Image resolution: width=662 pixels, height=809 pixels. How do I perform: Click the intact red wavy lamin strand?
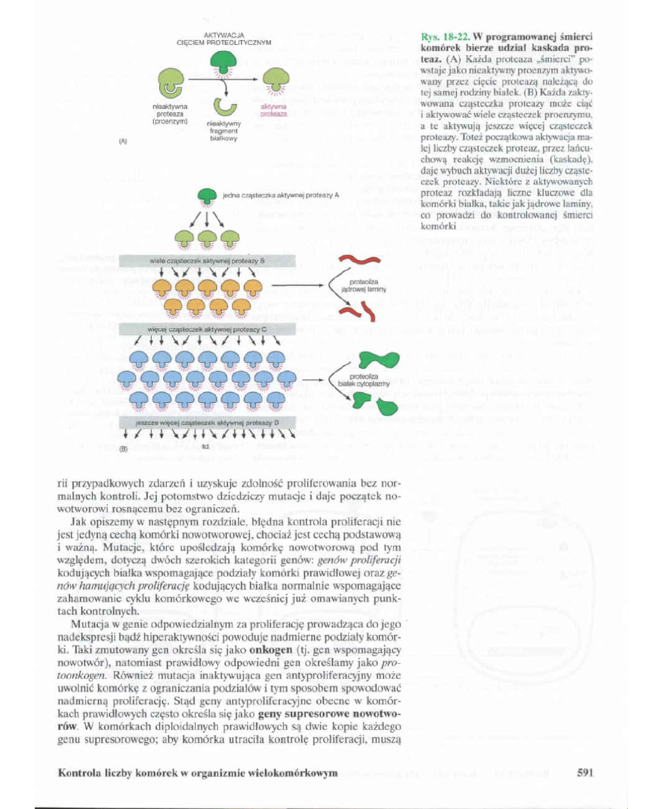pos(356,259)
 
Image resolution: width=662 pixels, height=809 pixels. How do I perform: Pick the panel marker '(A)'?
pos(123,142)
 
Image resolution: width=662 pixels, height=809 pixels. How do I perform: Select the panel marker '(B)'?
pos(123,449)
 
